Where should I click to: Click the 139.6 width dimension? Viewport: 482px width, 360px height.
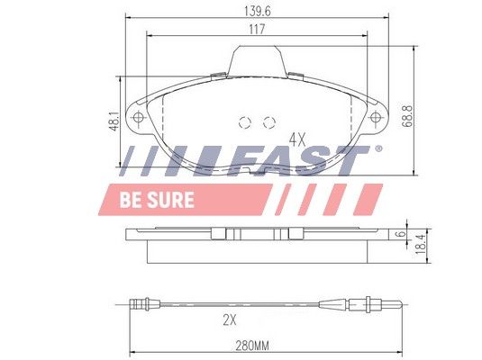click(257, 12)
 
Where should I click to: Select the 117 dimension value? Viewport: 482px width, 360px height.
click(257, 30)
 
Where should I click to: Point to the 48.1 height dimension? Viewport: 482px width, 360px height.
click(114, 121)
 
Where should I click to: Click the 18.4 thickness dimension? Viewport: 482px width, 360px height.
click(420, 244)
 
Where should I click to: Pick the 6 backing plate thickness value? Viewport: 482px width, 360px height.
click(400, 234)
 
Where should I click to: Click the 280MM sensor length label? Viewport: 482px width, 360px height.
click(252, 346)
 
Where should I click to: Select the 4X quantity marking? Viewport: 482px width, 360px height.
click(297, 140)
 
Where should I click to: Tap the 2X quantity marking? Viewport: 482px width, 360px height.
click(230, 320)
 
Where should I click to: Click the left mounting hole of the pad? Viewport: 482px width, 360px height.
click(138, 117)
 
